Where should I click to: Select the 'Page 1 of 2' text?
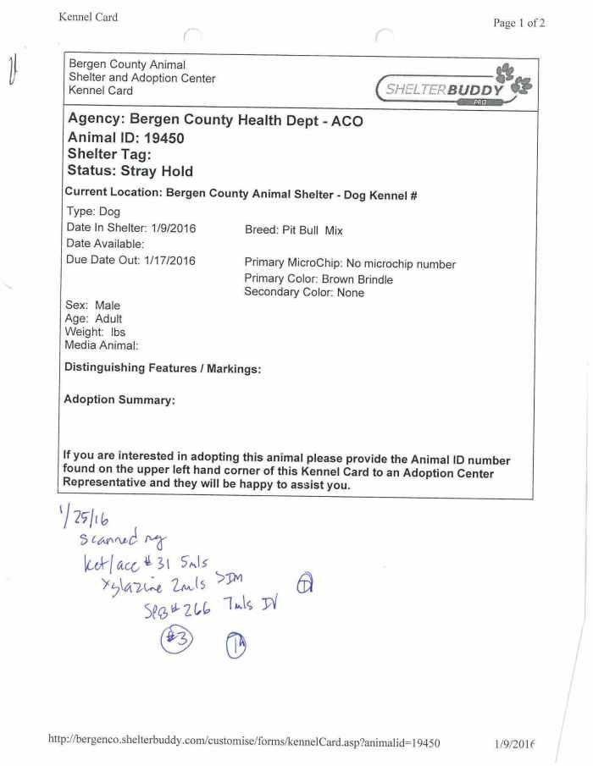click(518, 23)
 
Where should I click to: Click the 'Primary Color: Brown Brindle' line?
click(319, 278)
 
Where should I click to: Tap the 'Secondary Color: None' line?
click(304, 293)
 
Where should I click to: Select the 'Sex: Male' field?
click(92, 306)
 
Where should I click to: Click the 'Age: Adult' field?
click(93, 319)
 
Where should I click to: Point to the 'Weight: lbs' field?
click(95, 332)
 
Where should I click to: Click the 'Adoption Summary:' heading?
click(119, 400)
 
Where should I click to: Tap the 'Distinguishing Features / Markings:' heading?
click(163, 368)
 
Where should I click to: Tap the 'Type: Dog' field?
click(93, 212)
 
